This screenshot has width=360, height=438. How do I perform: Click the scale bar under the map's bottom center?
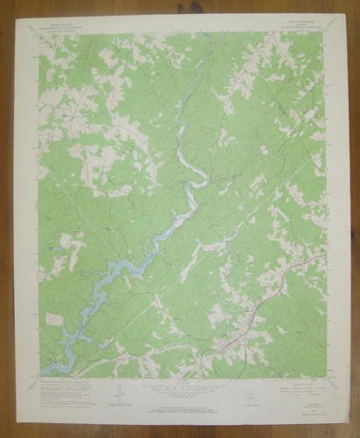(180, 386)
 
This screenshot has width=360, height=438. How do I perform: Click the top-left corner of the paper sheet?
(15, 15)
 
